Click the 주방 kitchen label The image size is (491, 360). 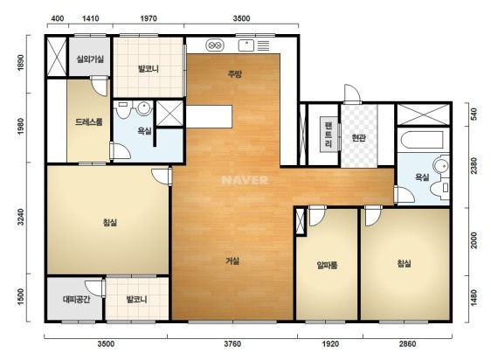pyautogui.click(x=235, y=74)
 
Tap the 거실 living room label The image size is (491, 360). pyautogui.click(x=232, y=260)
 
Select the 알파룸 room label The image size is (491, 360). pyautogui.click(x=327, y=265)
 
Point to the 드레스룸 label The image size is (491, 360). pyautogui.click(x=89, y=121)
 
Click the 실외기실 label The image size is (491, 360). pyautogui.click(x=90, y=59)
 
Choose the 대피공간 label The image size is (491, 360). pyautogui.click(x=77, y=299)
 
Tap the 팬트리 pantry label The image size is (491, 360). pyautogui.click(x=328, y=135)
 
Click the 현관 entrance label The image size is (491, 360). pyautogui.click(x=358, y=138)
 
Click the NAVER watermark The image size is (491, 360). pyautogui.click(x=245, y=180)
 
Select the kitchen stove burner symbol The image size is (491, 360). pyautogui.click(x=215, y=45)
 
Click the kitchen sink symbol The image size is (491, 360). pyautogui.click(x=246, y=45)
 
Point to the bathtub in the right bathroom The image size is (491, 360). pyautogui.click(x=422, y=140)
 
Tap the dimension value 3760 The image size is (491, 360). pyautogui.click(x=232, y=344)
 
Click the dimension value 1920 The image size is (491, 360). pyautogui.click(x=330, y=344)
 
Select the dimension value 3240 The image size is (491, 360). pyautogui.click(x=21, y=217)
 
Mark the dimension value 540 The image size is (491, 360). pyautogui.click(x=474, y=114)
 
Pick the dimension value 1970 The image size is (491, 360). pyautogui.click(x=149, y=18)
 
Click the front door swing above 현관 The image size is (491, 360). pyautogui.click(x=352, y=93)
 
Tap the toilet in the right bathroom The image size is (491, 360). pyautogui.click(x=440, y=188)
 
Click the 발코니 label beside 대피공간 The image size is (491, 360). pyautogui.click(x=136, y=299)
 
